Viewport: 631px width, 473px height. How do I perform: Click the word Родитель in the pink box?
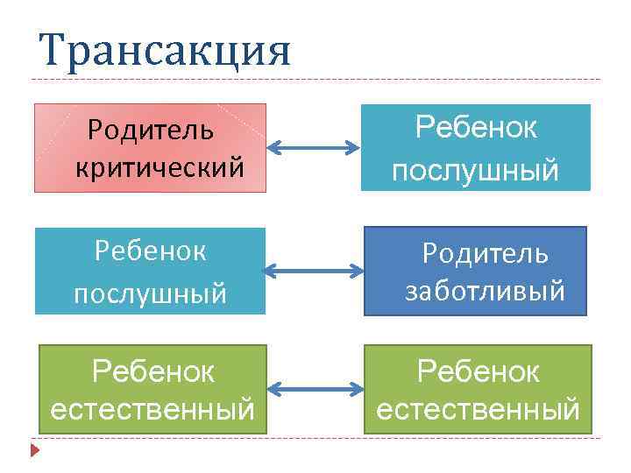coord(150,131)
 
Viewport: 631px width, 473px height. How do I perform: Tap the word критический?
coord(159,166)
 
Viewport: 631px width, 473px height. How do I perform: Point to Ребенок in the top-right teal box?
coord(476,128)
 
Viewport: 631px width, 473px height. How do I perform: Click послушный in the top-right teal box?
coord(475,170)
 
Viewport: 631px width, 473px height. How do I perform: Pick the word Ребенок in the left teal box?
coord(150,251)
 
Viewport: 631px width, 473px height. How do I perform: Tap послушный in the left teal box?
coord(150,292)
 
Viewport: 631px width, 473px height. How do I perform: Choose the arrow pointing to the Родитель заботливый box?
coord(313,270)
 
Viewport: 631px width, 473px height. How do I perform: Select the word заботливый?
coord(484,290)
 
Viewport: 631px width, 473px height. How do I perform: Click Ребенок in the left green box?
coord(153,372)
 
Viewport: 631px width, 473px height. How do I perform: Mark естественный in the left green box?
coord(153,408)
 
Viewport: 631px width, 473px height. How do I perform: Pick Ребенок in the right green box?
coord(478,372)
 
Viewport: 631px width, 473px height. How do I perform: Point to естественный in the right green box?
coord(478,408)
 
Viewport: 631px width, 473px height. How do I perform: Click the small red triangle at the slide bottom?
coord(35,451)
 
